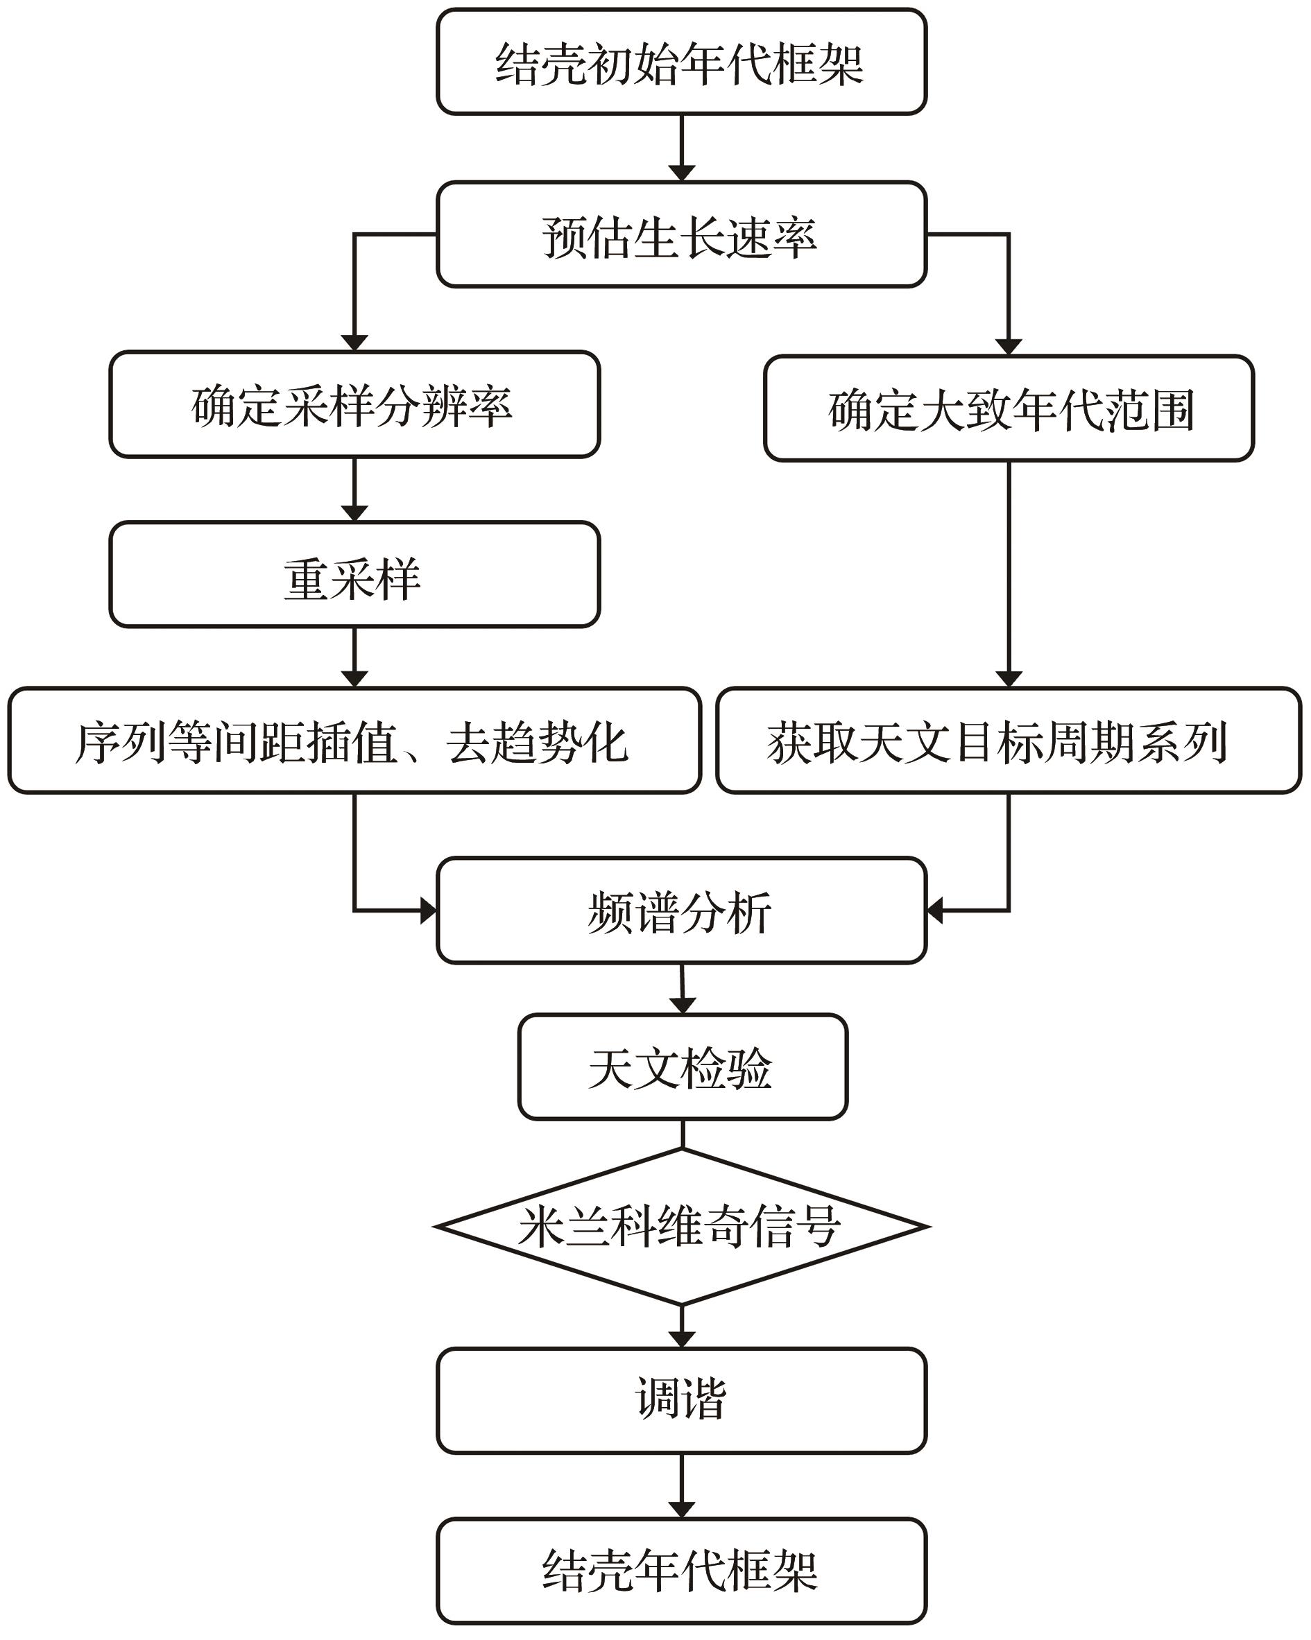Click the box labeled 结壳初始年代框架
[681, 62]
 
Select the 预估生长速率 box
[681, 234]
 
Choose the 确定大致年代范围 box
[1009, 408]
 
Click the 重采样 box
[354, 575]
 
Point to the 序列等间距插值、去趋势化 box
[354, 741]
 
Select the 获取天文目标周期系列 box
[1009, 741]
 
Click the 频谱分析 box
[681, 910]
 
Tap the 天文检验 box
[683, 1067]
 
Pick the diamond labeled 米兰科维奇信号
[681, 1227]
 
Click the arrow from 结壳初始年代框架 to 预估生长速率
[681, 148]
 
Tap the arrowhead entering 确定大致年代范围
[1009, 347]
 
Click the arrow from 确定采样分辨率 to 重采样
[354, 490]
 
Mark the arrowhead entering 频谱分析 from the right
[935, 910]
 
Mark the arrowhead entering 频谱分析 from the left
[429, 910]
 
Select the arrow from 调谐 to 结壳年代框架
[681, 1486]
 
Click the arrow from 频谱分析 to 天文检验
[682, 989]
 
